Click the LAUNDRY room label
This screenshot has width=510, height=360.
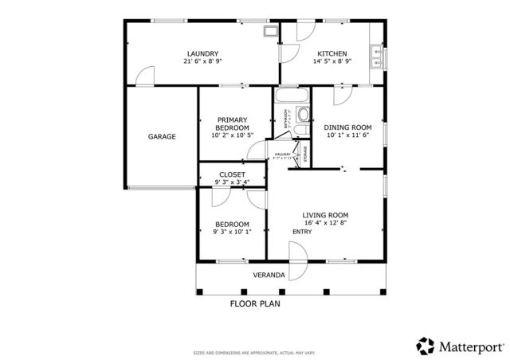[202, 53]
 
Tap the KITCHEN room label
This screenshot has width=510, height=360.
[331, 53]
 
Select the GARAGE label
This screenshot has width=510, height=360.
[162, 137]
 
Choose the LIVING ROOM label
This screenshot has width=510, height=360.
[325, 215]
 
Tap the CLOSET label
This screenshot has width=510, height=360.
[232, 174]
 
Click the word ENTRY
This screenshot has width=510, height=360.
[302, 232]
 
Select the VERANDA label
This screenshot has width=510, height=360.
[269, 275]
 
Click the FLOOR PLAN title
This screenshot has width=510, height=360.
[255, 303]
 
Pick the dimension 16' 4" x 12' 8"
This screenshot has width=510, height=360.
[325, 224]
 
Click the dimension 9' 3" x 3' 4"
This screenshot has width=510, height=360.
[232, 182]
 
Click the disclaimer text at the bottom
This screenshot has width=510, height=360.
[254, 353]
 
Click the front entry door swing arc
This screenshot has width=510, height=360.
[297, 252]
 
